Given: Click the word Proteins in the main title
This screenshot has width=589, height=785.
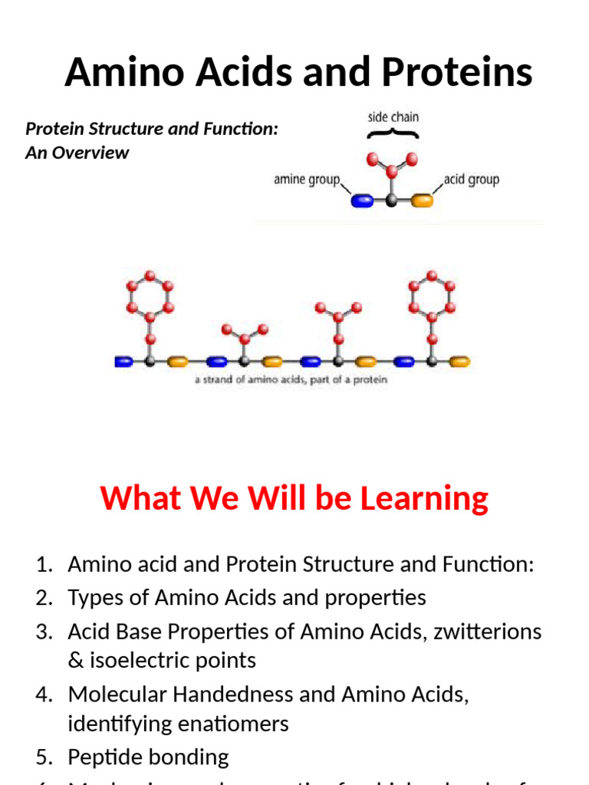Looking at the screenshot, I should coord(458,73).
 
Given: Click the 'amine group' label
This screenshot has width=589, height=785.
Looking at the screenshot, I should coord(306,180).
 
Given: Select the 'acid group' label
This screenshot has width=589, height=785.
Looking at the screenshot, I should coord(472,179).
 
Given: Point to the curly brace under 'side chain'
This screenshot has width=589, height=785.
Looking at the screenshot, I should coord(392,134).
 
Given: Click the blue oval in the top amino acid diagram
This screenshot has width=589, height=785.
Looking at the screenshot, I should coord(362,201).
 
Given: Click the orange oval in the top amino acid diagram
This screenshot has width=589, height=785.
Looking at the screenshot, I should coord(422,201).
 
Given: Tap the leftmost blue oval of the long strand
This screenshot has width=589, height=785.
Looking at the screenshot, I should coord(123,361).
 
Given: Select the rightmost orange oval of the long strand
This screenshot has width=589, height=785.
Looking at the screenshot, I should coord(459,361).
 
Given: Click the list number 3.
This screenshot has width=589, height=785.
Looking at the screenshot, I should coord(44,632).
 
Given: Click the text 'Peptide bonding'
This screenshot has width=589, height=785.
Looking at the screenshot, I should coord(148,757).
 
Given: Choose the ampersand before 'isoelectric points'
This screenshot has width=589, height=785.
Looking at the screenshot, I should coord(74,661).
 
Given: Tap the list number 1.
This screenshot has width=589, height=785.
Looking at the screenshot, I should coord(44,565).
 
